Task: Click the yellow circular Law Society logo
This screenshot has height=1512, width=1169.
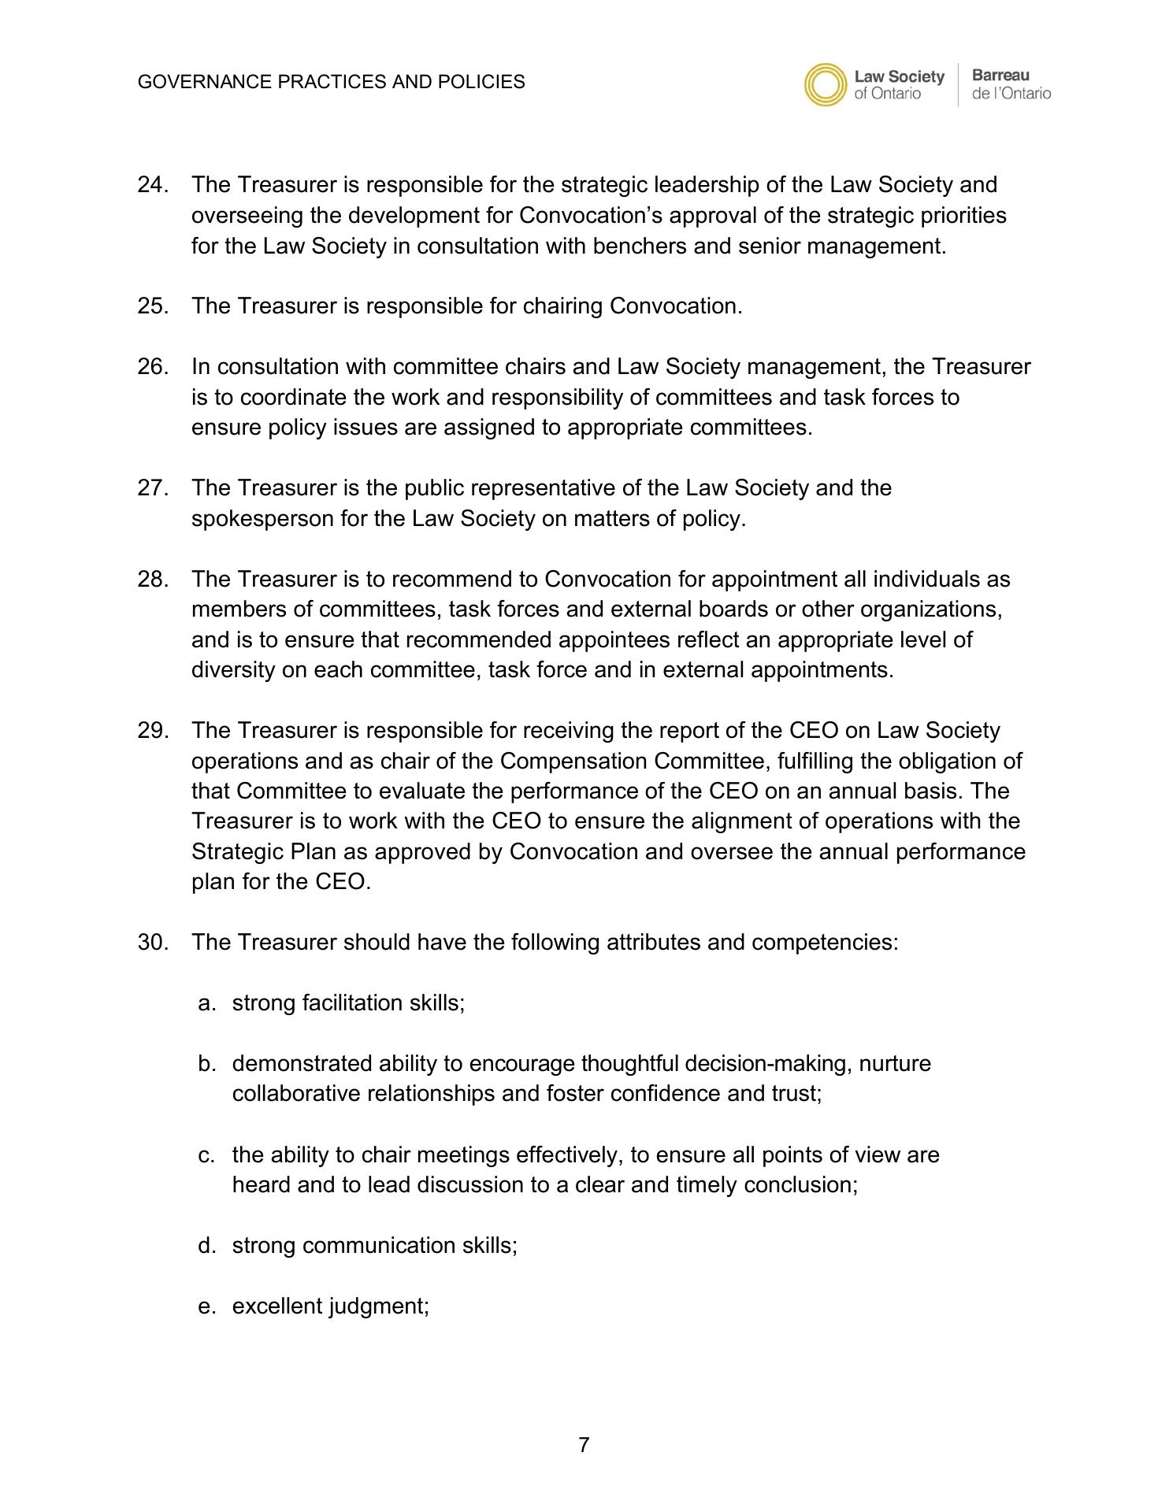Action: [826, 85]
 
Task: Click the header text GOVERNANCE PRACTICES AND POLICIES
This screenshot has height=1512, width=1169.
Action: [331, 82]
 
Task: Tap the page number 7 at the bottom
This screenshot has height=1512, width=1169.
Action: [584, 1445]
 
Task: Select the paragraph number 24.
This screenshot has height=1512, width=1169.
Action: [153, 185]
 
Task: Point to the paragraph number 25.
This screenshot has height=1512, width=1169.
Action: [153, 306]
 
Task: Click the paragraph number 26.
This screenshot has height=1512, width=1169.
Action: [153, 367]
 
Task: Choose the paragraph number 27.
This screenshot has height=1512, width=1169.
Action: [153, 488]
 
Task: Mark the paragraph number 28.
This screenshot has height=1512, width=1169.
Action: [153, 580]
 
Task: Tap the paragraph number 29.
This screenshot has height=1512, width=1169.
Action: [153, 731]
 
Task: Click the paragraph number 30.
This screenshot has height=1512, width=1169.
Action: [153, 943]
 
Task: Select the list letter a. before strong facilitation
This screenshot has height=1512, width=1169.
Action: [207, 1003]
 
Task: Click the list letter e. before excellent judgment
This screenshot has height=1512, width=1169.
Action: [207, 1306]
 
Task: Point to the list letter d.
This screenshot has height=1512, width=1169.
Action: [207, 1246]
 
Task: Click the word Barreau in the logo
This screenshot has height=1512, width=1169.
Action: [1000, 76]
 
